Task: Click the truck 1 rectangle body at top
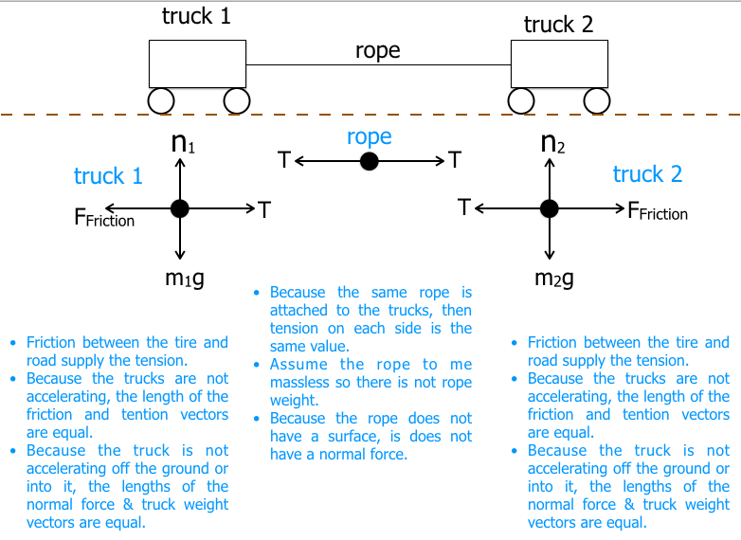(198, 64)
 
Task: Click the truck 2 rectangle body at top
(560, 64)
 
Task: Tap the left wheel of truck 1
(160, 99)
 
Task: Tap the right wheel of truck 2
(596, 99)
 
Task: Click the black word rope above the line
(378, 51)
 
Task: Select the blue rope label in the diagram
(370, 137)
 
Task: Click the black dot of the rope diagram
(370, 162)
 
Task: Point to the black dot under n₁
(179, 208)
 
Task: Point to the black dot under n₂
(548, 208)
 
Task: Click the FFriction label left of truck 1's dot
(103, 218)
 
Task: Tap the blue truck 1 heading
(108, 177)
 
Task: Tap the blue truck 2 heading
(647, 175)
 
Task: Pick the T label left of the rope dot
(283, 161)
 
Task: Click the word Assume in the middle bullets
(298, 364)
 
